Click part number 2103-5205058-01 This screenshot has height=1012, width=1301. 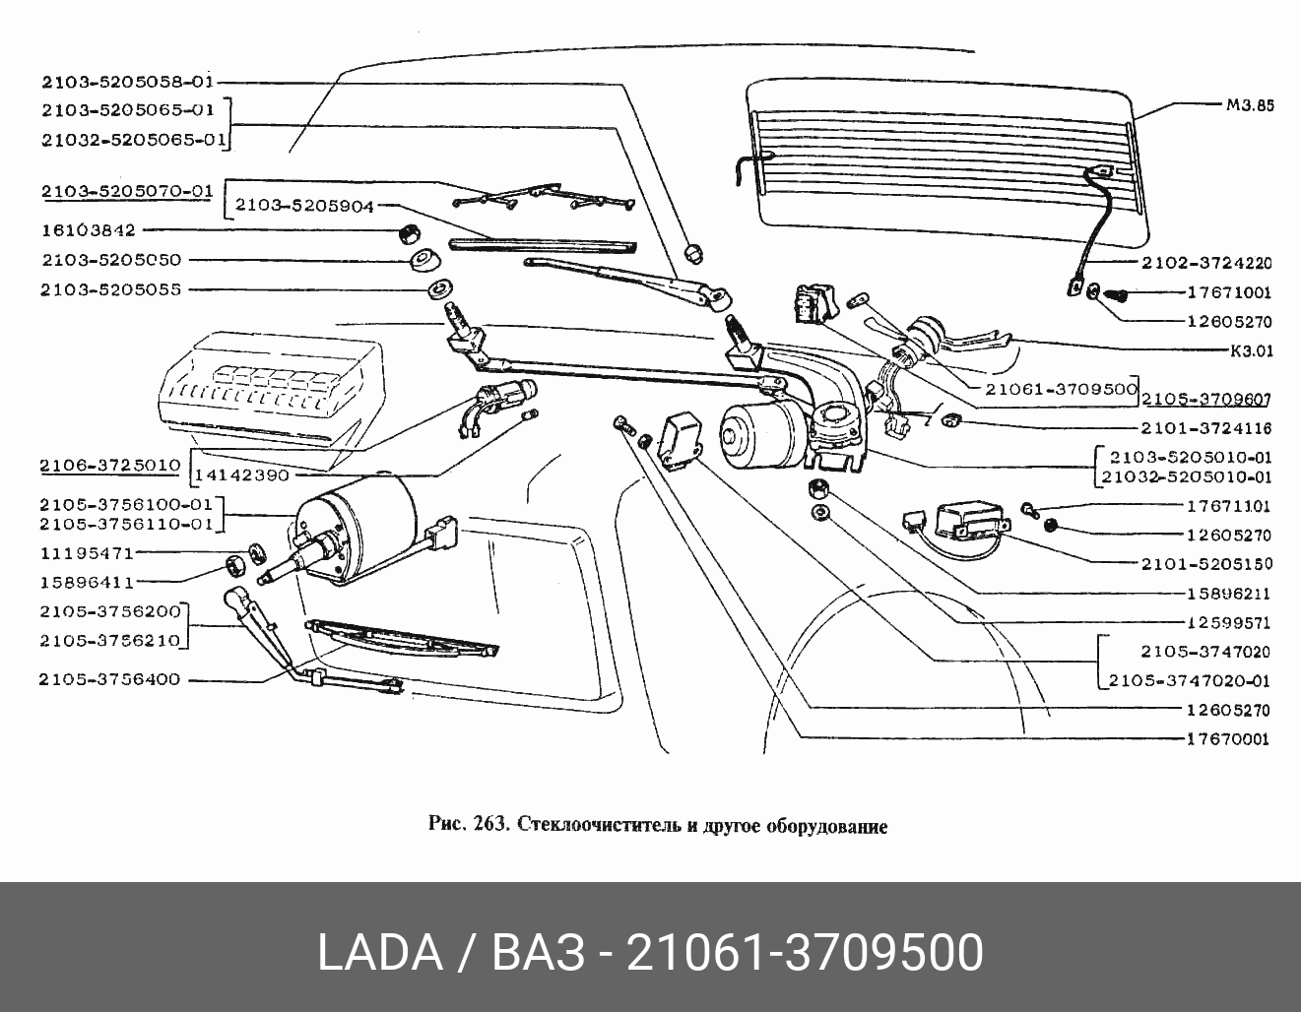click(128, 82)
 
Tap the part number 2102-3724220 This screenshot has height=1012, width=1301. click(1206, 263)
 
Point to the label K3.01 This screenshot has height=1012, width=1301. click(1251, 349)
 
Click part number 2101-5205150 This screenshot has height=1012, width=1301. click(1206, 564)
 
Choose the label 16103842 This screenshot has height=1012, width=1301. click(89, 230)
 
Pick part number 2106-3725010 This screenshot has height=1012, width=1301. click(110, 464)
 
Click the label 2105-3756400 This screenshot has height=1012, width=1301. click(110, 679)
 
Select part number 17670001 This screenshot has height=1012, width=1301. click(1228, 738)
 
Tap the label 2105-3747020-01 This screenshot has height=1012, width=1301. click(1189, 680)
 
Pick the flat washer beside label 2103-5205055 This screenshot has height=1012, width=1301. click(438, 289)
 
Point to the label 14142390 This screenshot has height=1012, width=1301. click(242, 474)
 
